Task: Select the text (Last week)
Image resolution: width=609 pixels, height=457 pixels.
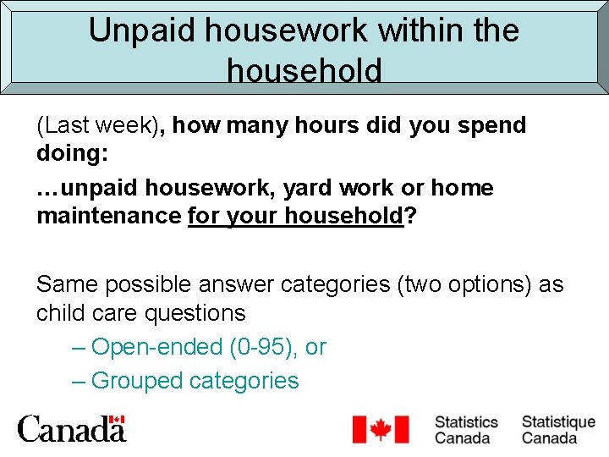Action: coord(101,125)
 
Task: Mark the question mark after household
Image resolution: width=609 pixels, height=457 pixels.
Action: coord(410,217)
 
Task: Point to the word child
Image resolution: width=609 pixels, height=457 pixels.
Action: coord(63,313)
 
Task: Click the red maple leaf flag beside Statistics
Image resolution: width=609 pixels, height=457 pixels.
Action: coord(381,429)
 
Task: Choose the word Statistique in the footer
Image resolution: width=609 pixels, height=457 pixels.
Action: coord(558,421)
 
